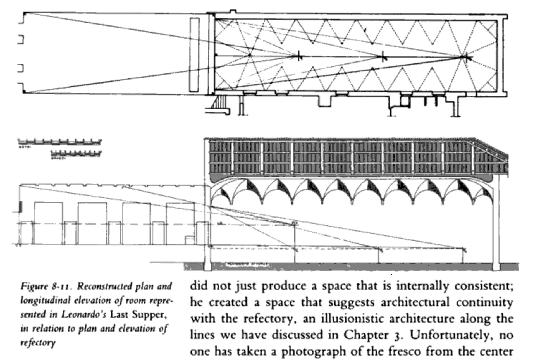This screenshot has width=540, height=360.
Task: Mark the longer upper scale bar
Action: tap(60, 142)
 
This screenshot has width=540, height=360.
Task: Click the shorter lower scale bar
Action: tap(76, 153)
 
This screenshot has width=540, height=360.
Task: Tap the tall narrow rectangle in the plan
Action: tap(194, 55)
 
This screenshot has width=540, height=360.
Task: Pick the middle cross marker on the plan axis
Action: tap(383, 57)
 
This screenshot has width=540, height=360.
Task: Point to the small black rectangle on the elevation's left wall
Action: tap(20, 206)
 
